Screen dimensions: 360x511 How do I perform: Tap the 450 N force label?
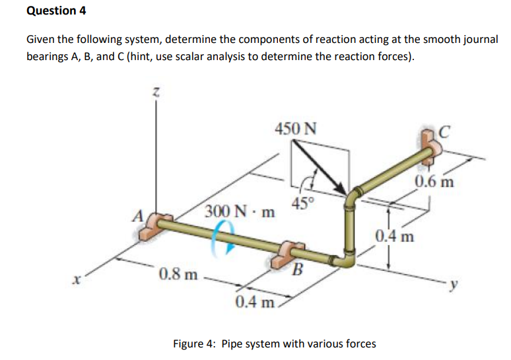tap(294, 127)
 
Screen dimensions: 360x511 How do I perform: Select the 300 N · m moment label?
tap(240, 211)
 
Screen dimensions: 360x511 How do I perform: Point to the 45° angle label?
tap(300, 203)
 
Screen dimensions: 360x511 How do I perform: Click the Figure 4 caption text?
tap(274, 343)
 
